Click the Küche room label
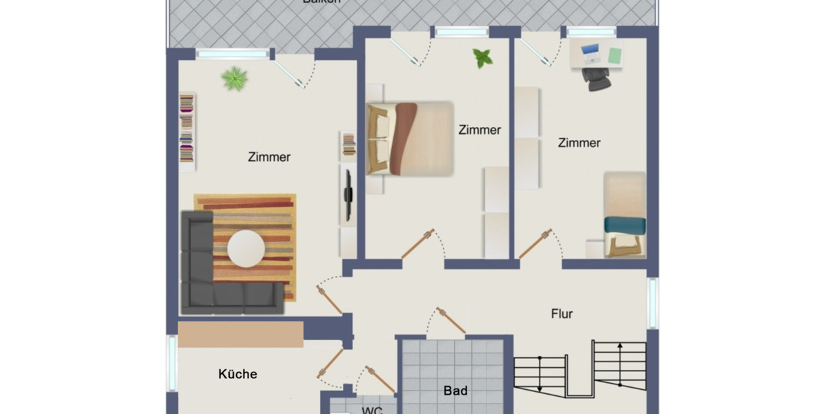(237, 375)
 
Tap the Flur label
(562, 314)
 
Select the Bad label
(455, 391)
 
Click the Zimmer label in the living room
(269, 157)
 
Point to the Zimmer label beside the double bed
(480, 130)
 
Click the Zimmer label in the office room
(579, 143)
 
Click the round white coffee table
(246, 248)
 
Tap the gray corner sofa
(200, 276)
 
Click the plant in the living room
(235, 79)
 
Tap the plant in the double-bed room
(483, 59)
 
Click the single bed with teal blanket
(625, 215)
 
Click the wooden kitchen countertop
(240, 334)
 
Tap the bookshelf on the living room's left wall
(187, 131)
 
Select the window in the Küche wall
(172, 362)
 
